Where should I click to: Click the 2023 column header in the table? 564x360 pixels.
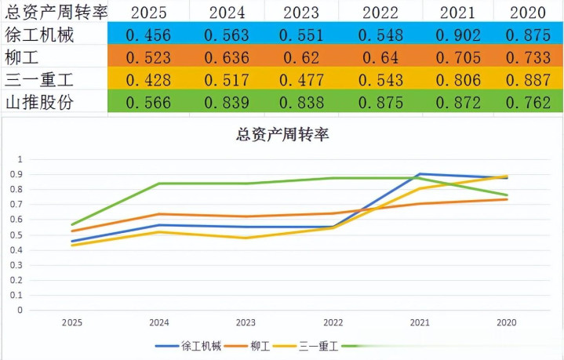click(x=302, y=12)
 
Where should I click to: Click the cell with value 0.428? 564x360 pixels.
click(x=148, y=80)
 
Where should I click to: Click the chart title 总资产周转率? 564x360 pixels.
click(x=282, y=134)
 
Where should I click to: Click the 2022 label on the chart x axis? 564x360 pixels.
click(x=333, y=322)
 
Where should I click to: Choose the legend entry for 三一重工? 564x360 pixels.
click(x=317, y=345)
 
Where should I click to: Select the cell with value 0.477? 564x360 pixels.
click(x=302, y=80)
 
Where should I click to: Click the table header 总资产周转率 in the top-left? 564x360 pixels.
click(x=56, y=12)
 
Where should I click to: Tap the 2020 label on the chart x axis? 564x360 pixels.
click(x=507, y=322)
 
